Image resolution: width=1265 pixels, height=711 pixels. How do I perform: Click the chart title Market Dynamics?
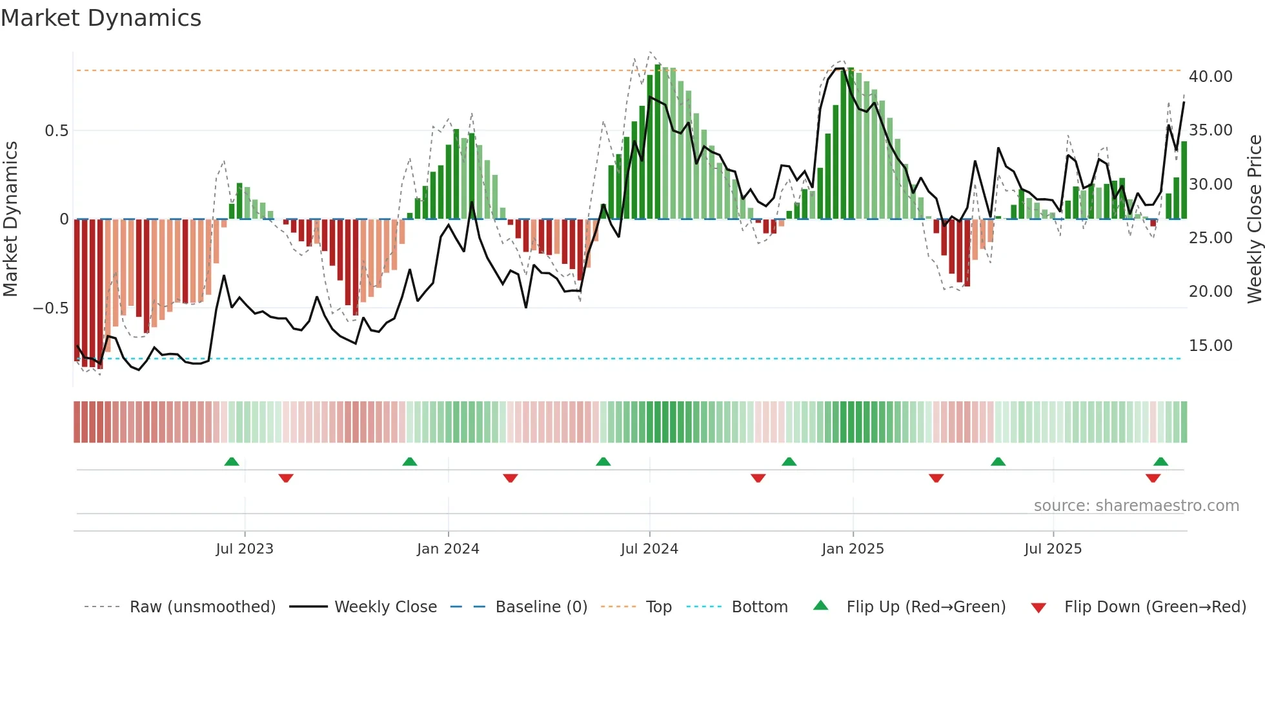click(x=101, y=18)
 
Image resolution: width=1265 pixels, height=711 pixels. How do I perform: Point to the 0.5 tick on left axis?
click(x=56, y=131)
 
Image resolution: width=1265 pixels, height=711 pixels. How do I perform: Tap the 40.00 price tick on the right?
click(x=1210, y=77)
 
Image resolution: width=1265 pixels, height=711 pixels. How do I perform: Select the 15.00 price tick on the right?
click(x=1210, y=346)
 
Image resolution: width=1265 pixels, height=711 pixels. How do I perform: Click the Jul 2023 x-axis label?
click(x=245, y=549)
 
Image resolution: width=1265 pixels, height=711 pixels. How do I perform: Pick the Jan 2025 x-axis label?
click(x=853, y=549)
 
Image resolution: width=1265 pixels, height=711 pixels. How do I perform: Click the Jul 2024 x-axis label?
click(x=649, y=549)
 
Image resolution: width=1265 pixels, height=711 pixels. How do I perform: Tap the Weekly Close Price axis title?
click(x=1254, y=219)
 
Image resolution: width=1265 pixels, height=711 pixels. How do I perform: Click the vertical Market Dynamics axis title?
click(x=10, y=219)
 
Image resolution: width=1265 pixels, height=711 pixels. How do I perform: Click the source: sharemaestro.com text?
click(x=1136, y=506)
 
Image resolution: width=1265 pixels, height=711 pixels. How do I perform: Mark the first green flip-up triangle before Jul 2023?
click(x=232, y=461)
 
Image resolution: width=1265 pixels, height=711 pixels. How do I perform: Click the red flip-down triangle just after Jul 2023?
click(x=286, y=478)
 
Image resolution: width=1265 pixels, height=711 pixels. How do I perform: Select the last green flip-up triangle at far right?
click(x=1160, y=461)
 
